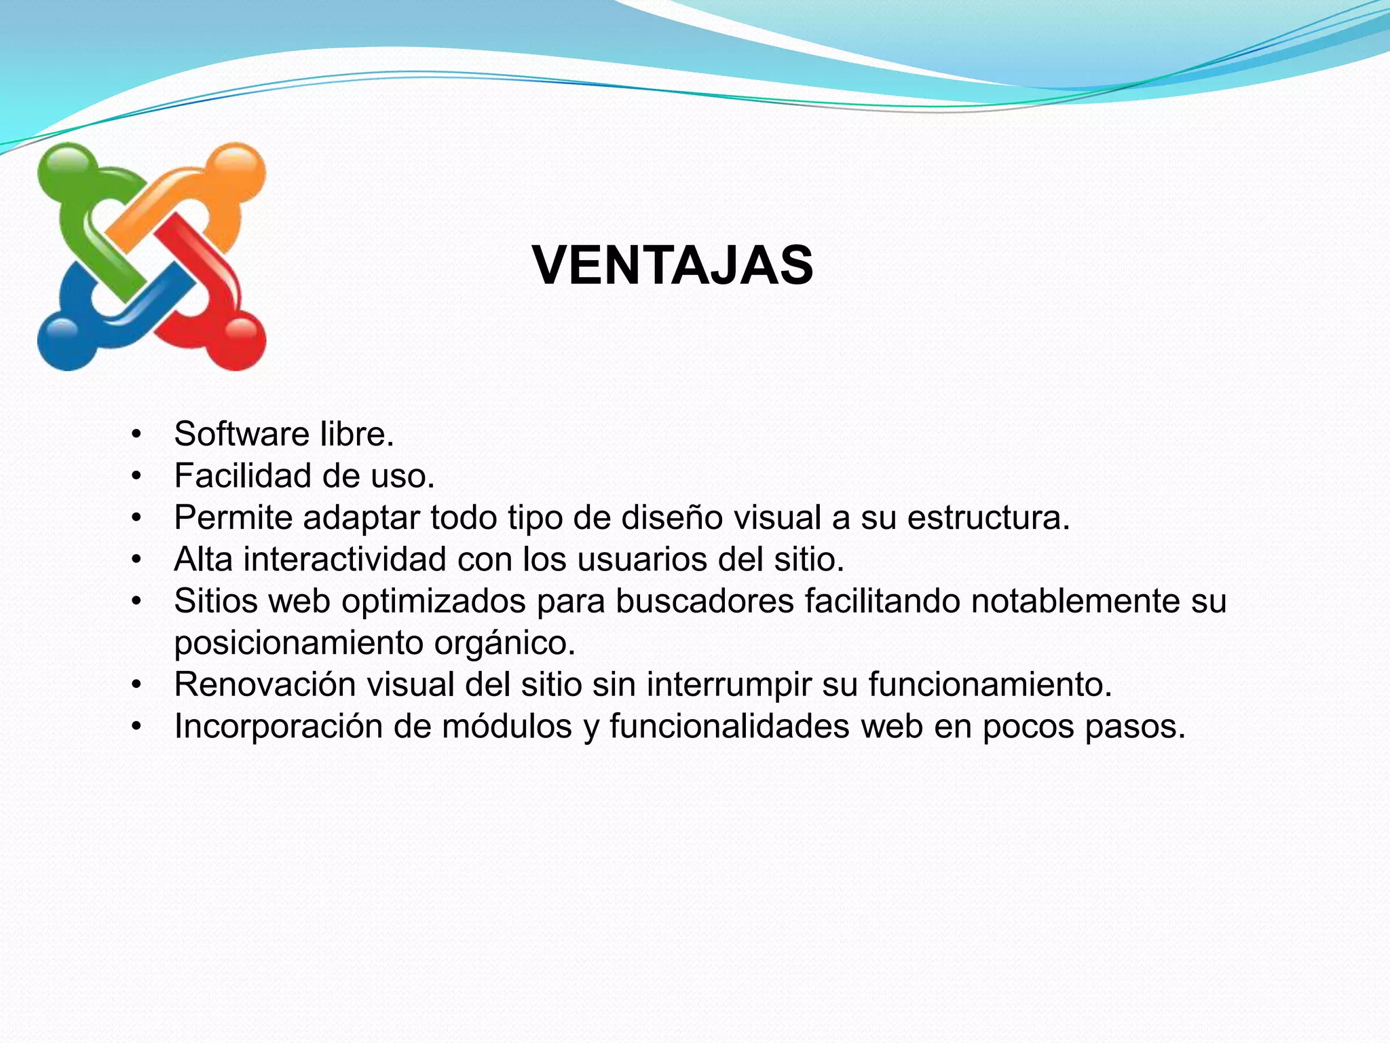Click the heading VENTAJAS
(x=673, y=266)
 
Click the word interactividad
(x=344, y=560)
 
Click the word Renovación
(x=265, y=684)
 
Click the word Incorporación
(x=278, y=727)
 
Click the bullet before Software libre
(x=136, y=434)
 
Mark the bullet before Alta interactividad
(x=136, y=560)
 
